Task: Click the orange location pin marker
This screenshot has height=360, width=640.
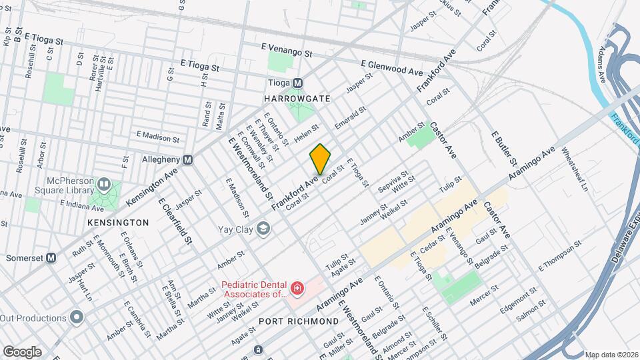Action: point(320,159)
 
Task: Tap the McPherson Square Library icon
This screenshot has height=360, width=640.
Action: point(103,184)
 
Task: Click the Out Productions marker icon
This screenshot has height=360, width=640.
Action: point(77,317)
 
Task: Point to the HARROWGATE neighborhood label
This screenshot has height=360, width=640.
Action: point(297,98)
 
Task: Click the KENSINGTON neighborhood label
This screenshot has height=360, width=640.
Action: point(117,222)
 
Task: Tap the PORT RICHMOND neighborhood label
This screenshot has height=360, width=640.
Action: point(299,321)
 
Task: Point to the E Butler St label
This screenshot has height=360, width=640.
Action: point(505,148)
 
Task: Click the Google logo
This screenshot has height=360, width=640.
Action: point(22,351)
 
